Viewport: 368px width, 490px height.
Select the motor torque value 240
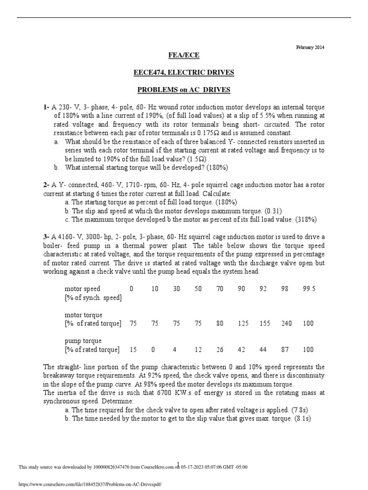(x=287, y=323)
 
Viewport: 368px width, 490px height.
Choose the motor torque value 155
(x=265, y=323)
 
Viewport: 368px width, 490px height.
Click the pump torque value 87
(x=287, y=350)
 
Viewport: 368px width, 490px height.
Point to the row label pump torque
(x=83, y=341)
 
